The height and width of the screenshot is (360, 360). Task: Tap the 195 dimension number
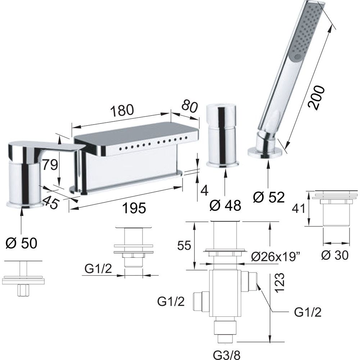134,208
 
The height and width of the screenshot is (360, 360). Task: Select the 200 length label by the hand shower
316,97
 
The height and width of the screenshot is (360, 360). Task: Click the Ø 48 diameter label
225,205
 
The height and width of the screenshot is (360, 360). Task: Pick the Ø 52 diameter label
269,197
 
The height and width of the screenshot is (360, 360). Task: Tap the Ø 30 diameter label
335,255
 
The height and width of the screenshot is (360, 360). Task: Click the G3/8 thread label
227,355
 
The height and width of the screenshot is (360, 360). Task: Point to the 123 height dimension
280,283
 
